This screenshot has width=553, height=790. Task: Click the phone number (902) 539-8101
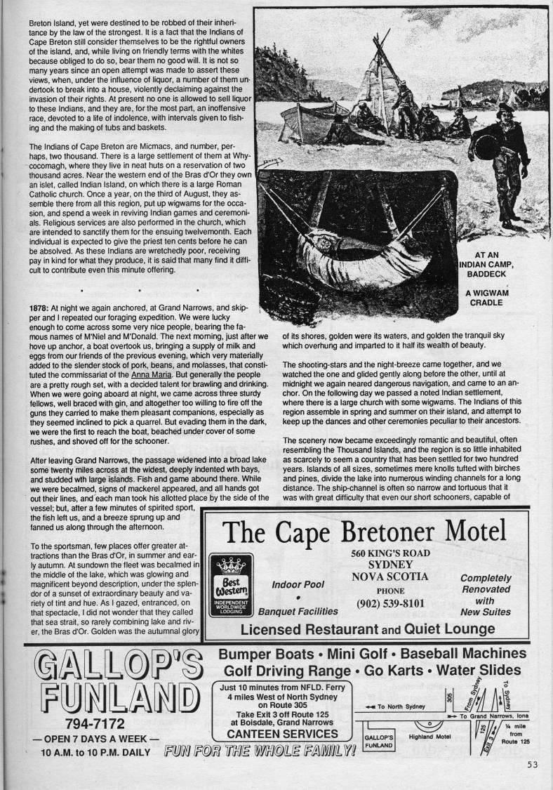(x=391, y=603)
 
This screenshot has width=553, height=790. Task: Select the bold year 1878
(x=39, y=308)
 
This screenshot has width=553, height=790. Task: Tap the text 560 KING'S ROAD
(x=391, y=553)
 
